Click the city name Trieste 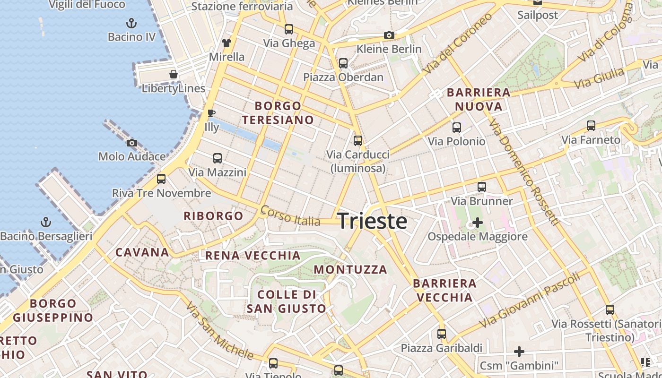[x=372, y=221]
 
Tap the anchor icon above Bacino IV [x=131, y=23]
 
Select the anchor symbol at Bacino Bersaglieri [x=46, y=222]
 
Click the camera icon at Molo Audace [x=132, y=143]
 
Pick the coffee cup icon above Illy [x=211, y=113]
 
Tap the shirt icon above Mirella [x=226, y=43]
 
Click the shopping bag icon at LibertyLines [x=174, y=74]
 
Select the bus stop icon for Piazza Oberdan [x=343, y=63]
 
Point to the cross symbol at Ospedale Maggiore [x=478, y=222]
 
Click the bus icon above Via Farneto [x=591, y=126]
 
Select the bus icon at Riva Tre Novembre [x=161, y=179]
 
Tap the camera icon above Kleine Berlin [x=389, y=35]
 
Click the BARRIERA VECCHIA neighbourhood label [x=444, y=290]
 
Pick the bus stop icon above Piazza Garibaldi [x=442, y=334]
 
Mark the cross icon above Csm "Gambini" [x=519, y=352]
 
